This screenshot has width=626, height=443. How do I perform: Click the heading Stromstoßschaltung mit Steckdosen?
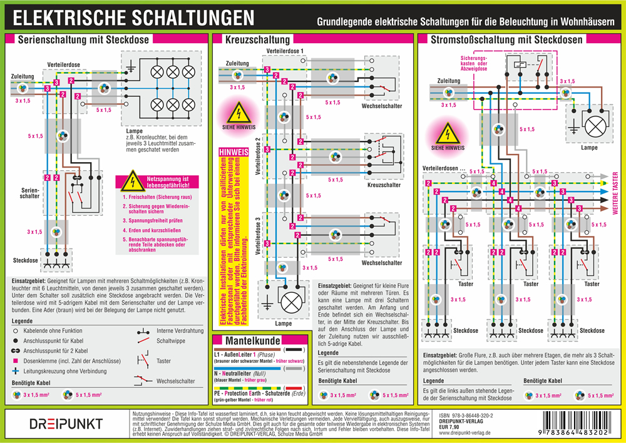coord(507,39)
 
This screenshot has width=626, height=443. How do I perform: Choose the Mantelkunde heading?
coord(249,341)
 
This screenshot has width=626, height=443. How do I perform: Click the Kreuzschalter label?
coord(384,185)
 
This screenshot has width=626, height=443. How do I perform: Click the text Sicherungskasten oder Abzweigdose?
coord(473,64)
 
